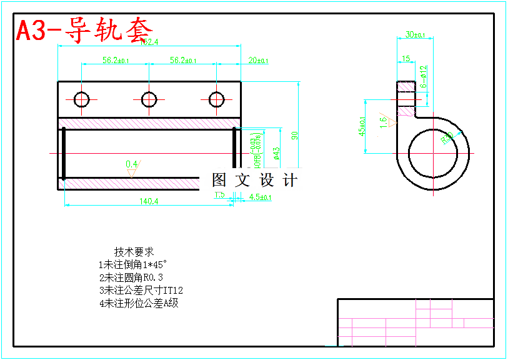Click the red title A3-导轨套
point(84,29)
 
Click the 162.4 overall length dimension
point(149,42)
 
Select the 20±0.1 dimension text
point(258,61)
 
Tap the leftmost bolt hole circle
point(82,99)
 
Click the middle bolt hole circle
point(149,99)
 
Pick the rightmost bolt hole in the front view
point(217,99)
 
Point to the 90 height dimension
point(294,134)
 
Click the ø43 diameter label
point(277,153)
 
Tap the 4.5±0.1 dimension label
point(260,197)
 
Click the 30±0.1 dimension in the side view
point(415,34)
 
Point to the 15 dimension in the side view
point(406,59)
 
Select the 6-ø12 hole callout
point(423,76)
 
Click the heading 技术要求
point(134,252)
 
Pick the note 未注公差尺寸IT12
point(141,291)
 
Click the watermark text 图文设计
point(254,181)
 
